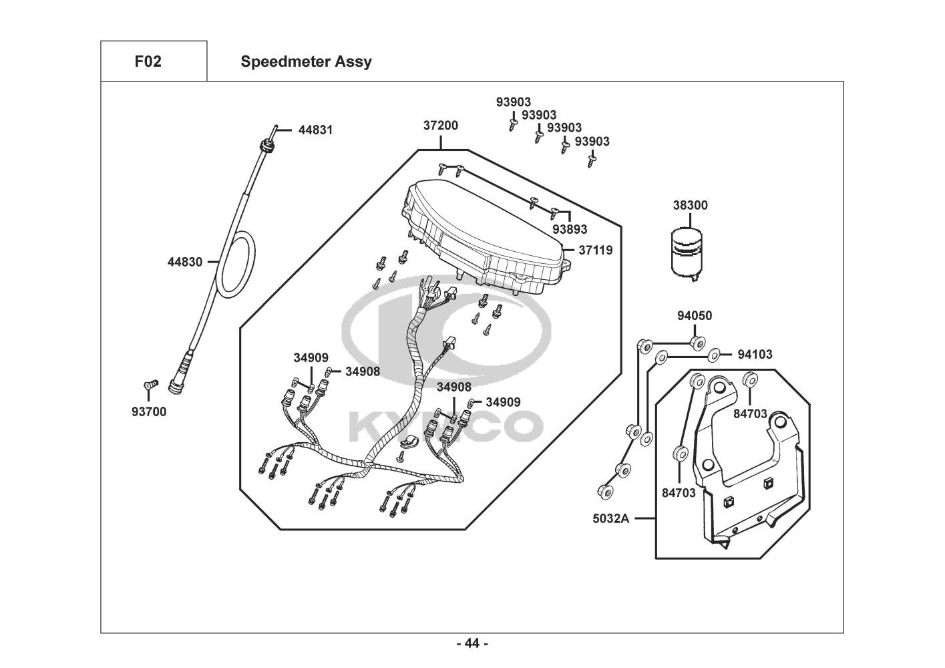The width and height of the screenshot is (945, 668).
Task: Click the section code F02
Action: pos(148,62)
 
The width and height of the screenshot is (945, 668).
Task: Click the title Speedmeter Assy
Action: pos(306,62)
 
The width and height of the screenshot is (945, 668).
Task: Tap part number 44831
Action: pos(315,130)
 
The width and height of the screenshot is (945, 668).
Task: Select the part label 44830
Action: pos(184,263)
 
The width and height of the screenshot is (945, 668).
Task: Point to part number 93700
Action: pos(148,412)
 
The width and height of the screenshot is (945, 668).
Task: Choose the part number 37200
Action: pos(440,126)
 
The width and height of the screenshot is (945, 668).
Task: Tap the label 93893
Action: pos(570,229)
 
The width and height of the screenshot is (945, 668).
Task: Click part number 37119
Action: pos(595,251)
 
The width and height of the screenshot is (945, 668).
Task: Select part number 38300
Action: pos(690,206)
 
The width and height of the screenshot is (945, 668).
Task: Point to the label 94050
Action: pos(695,316)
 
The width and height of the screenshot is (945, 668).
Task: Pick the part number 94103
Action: pos(755,355)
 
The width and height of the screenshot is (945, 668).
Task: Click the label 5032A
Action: pos(610,518)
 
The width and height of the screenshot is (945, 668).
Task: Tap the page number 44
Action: pos(472,644)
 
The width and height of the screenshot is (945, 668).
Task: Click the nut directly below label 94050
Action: pos(695,343)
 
